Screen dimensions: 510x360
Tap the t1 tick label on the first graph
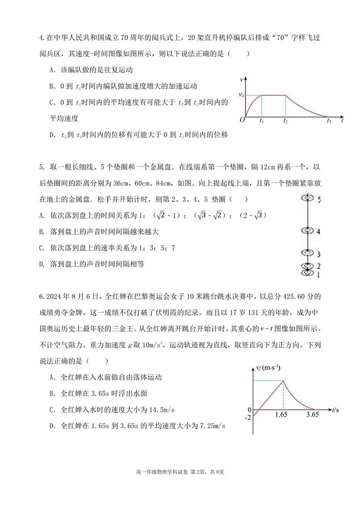pos(262,121)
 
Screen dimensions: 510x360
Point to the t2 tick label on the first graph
pos(285,121)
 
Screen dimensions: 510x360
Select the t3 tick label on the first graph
pos(330,121)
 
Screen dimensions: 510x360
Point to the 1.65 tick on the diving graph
pos(283,414)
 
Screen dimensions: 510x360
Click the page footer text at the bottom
pos(180,472)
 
